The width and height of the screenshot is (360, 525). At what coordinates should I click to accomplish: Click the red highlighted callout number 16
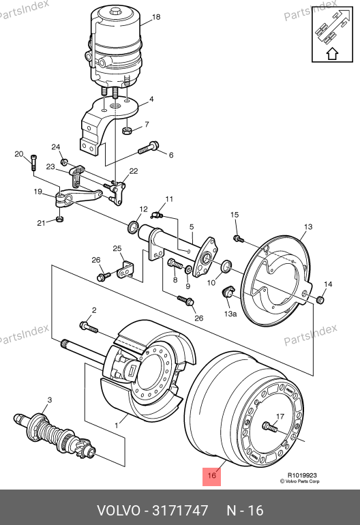tap(211, 475)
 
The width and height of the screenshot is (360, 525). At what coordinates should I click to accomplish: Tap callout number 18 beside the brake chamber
tap(156, 17)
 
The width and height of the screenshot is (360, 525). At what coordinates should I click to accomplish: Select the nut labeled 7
tap(127, 130)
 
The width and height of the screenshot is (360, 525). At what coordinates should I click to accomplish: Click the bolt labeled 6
tap(149, 148)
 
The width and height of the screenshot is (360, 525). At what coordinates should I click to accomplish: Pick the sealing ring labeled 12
tap(134, 226)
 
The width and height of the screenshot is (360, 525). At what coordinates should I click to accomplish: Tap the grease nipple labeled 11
tap(156, 215)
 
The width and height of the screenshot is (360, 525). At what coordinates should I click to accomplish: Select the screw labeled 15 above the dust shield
tap(238, 239)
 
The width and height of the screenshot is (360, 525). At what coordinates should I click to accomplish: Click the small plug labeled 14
tap(320, 300)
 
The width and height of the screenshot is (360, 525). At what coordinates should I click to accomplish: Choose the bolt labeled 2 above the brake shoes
tap(89, 327)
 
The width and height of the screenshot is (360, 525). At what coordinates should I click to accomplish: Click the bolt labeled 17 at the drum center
tap(270, 427)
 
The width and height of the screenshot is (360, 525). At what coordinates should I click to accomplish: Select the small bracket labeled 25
tap(125, 270)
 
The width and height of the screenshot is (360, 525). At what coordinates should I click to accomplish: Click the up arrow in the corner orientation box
tap(332, 54)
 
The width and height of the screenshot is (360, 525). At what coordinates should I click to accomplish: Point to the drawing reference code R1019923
tap(302, 475)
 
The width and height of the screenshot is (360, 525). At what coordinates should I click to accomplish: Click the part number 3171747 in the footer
tap(180, 511)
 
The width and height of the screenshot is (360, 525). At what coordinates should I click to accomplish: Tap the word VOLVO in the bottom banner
tap(119, 511)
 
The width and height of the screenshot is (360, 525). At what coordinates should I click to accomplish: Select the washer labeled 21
tap(59, 220)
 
